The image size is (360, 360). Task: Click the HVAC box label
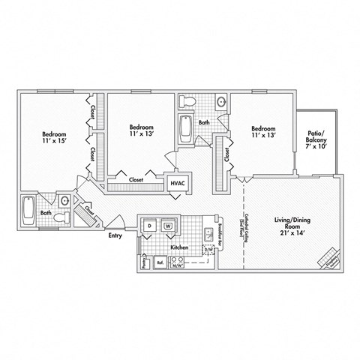178,182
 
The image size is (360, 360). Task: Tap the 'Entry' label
115,235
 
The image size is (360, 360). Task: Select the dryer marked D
150,225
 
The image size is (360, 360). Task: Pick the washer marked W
169,225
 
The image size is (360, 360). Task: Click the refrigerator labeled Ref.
160,262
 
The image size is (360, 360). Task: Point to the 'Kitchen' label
178,246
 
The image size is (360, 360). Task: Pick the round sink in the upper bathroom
221,102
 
